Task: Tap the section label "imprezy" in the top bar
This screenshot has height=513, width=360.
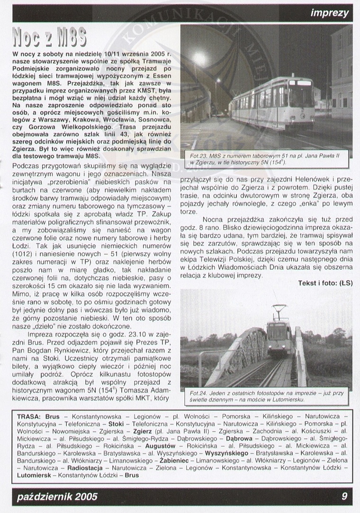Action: [330, 13]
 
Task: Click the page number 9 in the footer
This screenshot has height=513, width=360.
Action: [344, 496]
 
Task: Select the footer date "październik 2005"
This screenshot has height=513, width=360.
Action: [57, 496]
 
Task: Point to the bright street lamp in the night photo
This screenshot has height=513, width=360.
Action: [199, 59]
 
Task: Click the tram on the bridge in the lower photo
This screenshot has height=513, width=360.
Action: [279, 336]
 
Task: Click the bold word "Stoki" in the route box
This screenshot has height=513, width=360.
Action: [116, 424]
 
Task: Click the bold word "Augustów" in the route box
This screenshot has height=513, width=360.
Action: [160, 445]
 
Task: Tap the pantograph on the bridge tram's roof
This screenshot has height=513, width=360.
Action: [279, 310]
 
